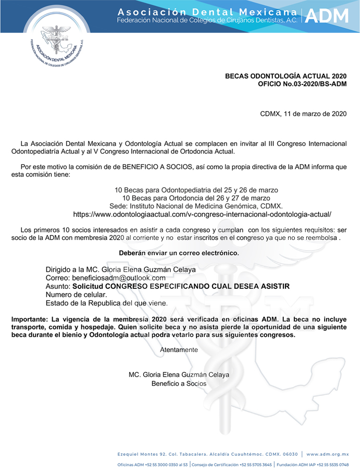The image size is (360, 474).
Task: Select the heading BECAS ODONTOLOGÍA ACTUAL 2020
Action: pos(285,76)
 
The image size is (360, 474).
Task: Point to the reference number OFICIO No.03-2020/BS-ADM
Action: pos(302,84)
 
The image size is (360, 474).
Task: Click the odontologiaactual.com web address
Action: pos(202,214)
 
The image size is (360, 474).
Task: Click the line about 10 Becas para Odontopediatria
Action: pos(196,190)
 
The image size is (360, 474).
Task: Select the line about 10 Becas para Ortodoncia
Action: pos(196,198)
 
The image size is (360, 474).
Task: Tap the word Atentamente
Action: pos(179,350)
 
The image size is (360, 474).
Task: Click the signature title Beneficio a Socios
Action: pos(179,383)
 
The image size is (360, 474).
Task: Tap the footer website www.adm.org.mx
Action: pos(327,454)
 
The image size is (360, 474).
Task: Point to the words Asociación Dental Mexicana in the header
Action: pos(207,11)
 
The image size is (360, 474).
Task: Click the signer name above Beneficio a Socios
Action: pos(179,374)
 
